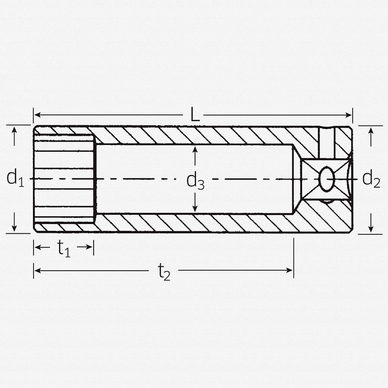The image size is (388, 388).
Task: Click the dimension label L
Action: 194,115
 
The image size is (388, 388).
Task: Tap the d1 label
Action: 15,178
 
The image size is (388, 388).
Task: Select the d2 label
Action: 371,179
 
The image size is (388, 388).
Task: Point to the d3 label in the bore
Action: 195,180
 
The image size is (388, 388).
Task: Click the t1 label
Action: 64,248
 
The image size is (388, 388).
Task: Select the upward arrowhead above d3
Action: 195,149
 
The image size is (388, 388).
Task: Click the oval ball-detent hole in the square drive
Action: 326,179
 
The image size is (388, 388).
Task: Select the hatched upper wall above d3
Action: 194,135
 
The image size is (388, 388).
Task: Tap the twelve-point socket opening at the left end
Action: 64,179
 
